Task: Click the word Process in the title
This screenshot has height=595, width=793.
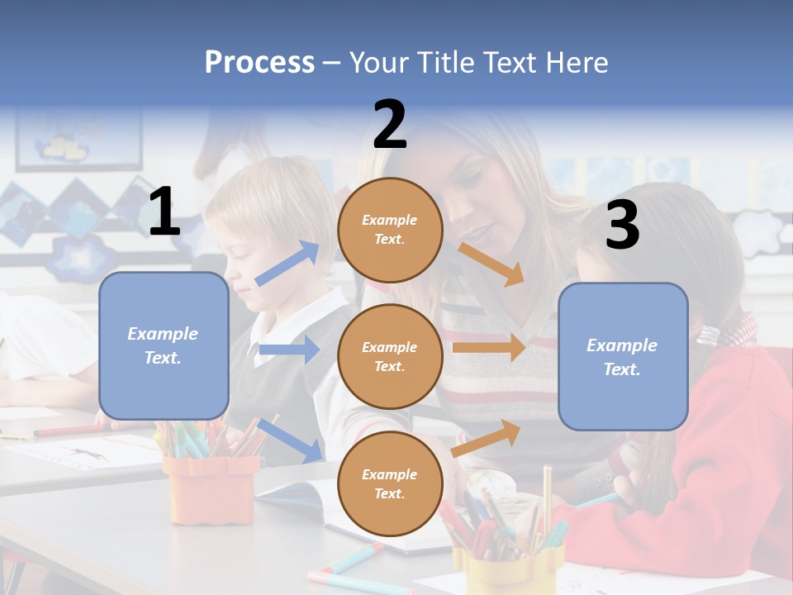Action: pyautogui.click(x=259, y=62)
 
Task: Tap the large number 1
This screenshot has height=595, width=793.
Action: pyautogui.click(x=164, y=212)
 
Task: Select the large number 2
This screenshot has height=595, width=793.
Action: pyautogui.click(x=390, y=125)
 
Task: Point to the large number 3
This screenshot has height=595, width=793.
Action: pyautogui.click(x=622, y=226)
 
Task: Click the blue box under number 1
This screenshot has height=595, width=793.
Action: pyautogui.click(x=164, y=345)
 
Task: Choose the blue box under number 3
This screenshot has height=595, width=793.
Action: pyautogui.click(x=623, y=356)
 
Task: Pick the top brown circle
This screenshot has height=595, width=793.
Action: pyautogui.click(x=390, y=230)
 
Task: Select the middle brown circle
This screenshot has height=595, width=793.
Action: pyautogui.click(x=390, y=356)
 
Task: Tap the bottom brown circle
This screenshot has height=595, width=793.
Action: pyautogui.click(x=390, y=483)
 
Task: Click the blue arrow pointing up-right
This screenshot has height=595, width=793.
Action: pyautogui.click(x=288, y=263)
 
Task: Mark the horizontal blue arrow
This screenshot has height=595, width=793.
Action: pyautogui.click(x=289, y=350)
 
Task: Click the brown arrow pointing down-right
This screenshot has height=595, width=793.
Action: pyautogui.click(x=491, y=264)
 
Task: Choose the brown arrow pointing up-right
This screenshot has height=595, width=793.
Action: pyautogui.click(x=487, y=437)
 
